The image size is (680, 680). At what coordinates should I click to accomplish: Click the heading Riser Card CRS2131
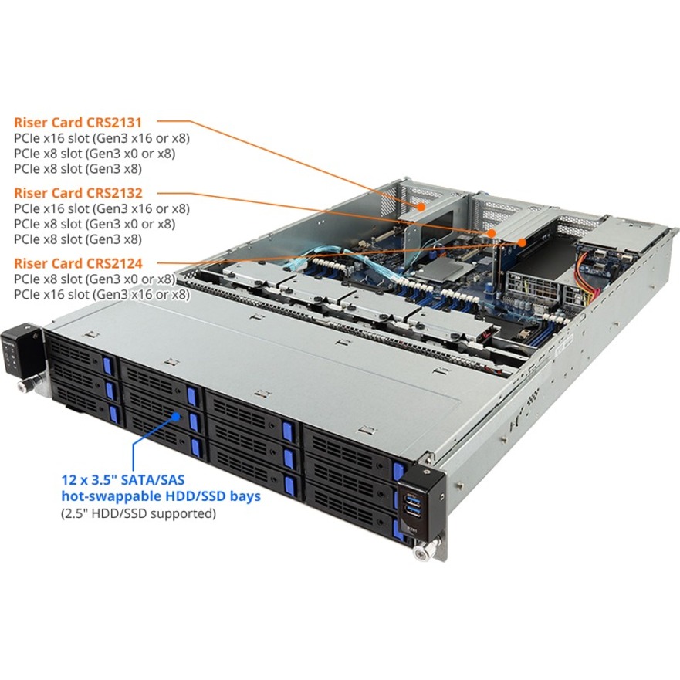click(x=78, y=122)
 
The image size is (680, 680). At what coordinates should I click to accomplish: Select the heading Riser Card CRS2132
click(x=78, y=193)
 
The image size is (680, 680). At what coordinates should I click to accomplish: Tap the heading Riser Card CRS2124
click(x=78, y=263)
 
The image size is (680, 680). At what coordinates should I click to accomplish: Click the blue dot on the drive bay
click(x=176, y=416)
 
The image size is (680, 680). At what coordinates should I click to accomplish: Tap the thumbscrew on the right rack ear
click(x=421, y=553)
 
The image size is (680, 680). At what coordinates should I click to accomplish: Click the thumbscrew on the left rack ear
click(x=22, y=385)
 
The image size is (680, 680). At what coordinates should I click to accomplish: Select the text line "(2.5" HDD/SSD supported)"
click(x=138, y=514)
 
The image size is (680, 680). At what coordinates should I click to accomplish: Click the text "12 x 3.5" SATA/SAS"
click(x=123, y=479)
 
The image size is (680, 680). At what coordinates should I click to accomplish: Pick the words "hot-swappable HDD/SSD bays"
click(x=161, y=496)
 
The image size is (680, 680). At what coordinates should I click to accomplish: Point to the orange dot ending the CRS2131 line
click(x=421, y=207)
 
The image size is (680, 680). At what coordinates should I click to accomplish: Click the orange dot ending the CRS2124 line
click(x=522, y=242)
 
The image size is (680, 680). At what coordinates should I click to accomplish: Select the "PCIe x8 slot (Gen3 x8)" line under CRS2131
click(x=78, y=168)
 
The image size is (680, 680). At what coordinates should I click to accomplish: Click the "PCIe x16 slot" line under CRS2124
click(x=102, y=295)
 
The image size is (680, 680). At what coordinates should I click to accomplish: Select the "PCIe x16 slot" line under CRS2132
click(x=102, y=208)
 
